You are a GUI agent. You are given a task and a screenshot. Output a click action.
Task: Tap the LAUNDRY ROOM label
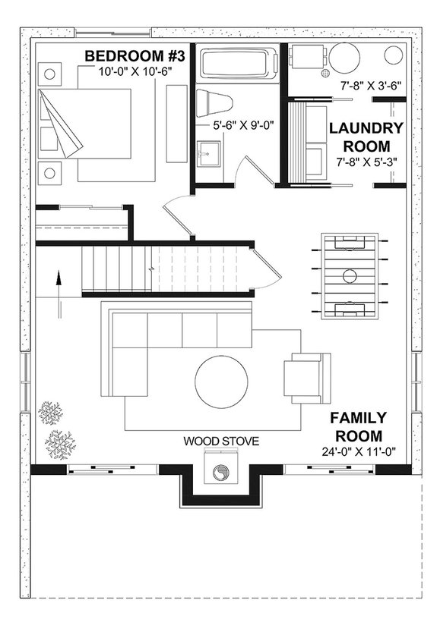pyautogui.click(x=366, y=137)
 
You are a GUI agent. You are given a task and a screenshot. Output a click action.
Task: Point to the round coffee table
pyautogui.click(x=220, y=382)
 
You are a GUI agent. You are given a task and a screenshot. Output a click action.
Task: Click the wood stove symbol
pyautogui.click(x=220, y=473)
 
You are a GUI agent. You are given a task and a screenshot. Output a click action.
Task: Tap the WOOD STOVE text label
pyautogui.click(x=220, y=441)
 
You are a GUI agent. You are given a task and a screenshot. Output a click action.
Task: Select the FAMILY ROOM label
pyautogui.click(x=359, y=427)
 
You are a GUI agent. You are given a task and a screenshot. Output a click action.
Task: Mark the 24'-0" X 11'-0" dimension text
pyautogui.click(x=360, y=453)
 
